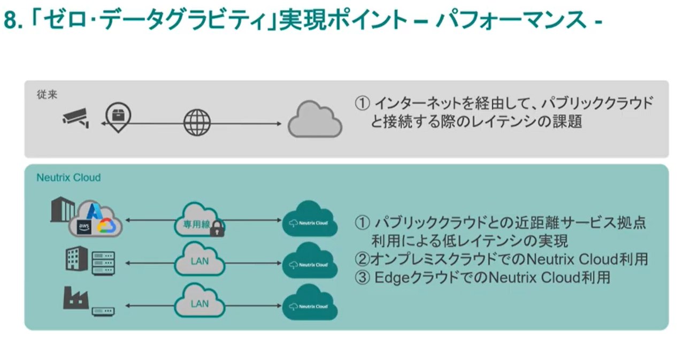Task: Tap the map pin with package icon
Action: click(x=118, y=115)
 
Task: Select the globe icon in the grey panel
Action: click(x=197, y=123)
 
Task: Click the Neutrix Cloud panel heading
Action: click(x=68, y=177)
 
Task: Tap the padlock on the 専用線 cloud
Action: click(x=217, y=228)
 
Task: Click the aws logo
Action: click(x=85, y=227)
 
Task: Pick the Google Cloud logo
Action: click(x=106, y=226)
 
